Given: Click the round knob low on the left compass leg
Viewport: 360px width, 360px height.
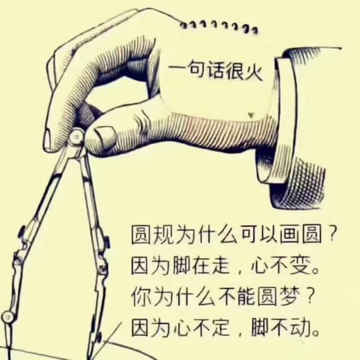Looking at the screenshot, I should tap(8, 316).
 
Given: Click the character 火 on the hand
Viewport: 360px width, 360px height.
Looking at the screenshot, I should tap(254, 71).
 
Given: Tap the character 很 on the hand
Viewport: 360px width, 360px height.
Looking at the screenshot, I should tap(236, 71).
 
